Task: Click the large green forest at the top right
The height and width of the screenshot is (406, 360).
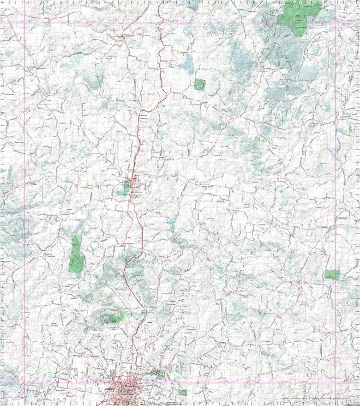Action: [x=298, y=16]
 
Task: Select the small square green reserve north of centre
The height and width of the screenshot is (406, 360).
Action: [x=199, y=85]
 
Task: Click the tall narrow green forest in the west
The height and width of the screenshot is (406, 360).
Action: [x=76, y=254]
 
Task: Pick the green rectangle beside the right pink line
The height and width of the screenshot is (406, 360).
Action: [x=332, y=274]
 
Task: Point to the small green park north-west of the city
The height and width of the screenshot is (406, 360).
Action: [x=115, y=318]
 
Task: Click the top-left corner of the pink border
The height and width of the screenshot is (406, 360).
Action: [x=24, y=23]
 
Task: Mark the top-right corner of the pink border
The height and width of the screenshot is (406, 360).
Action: [x=336, y=23]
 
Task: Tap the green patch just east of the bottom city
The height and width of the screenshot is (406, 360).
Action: [x=160, y=374]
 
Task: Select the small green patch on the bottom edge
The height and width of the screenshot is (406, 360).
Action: [x=183, y=392]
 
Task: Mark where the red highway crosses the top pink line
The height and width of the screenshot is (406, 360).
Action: [x=159, y=23]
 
